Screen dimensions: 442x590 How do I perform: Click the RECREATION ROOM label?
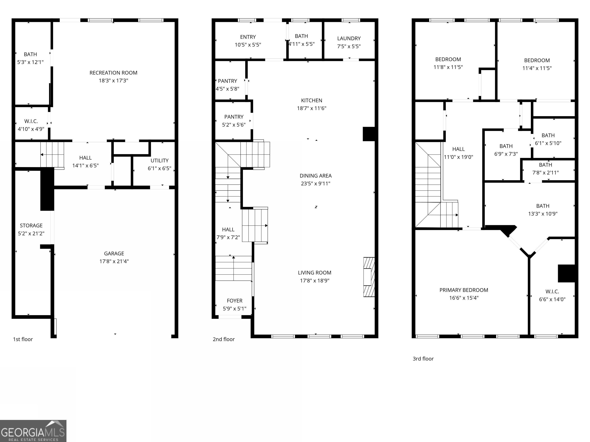pyautogui.click(x=113, y=73)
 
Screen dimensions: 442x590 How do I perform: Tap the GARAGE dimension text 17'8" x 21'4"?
pyautogui.click(x=114, y=261)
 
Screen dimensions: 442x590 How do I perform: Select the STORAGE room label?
pyautogui.click(x=31, y=226)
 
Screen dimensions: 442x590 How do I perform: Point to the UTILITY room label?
pyautogui.click(x=159, y=160)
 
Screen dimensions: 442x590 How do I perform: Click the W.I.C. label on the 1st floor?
pyautogui.click(x=31, y=121)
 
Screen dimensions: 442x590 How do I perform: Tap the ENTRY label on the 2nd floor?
pyautogui.click(x=248, y=37)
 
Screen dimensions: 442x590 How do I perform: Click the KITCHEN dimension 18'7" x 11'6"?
pyautogui.click(x=312, y=108)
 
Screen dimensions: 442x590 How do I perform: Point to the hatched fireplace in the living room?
pyautogui.click(x=369, y=277)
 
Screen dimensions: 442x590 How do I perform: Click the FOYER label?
pyautogui.click(x=235, y=301)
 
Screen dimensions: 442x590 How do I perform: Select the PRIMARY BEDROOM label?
pyautogui.click(x=464, y=290)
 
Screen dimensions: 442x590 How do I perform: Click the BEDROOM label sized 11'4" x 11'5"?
pyautogui.click(x=537, y=60)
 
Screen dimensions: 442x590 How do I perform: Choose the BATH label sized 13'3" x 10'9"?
pyautogui.click(x=543, y=206)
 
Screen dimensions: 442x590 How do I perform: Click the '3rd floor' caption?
pyautogui.click(x=423, y=359)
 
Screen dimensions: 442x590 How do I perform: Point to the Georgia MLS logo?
pyautogui.click(x=33, y=431)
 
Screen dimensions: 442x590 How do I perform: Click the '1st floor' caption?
pyautogui.click(x=23, y=339)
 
